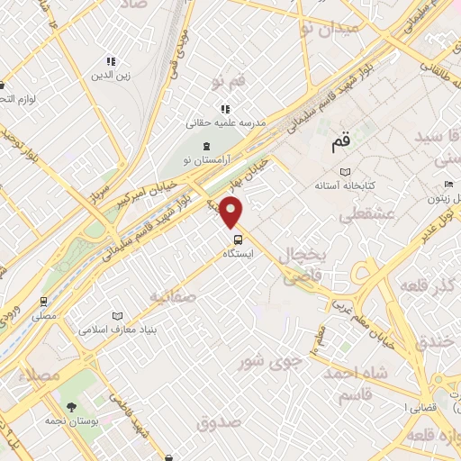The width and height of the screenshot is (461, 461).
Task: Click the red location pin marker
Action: (232, 211)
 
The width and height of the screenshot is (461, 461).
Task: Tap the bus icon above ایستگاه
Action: (238, 240)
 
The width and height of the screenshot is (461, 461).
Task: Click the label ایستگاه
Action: (239, 255)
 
